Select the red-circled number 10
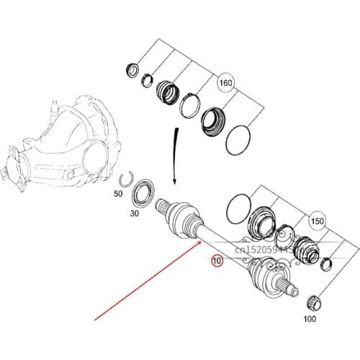pyautogui.click(x=217, y=261)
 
